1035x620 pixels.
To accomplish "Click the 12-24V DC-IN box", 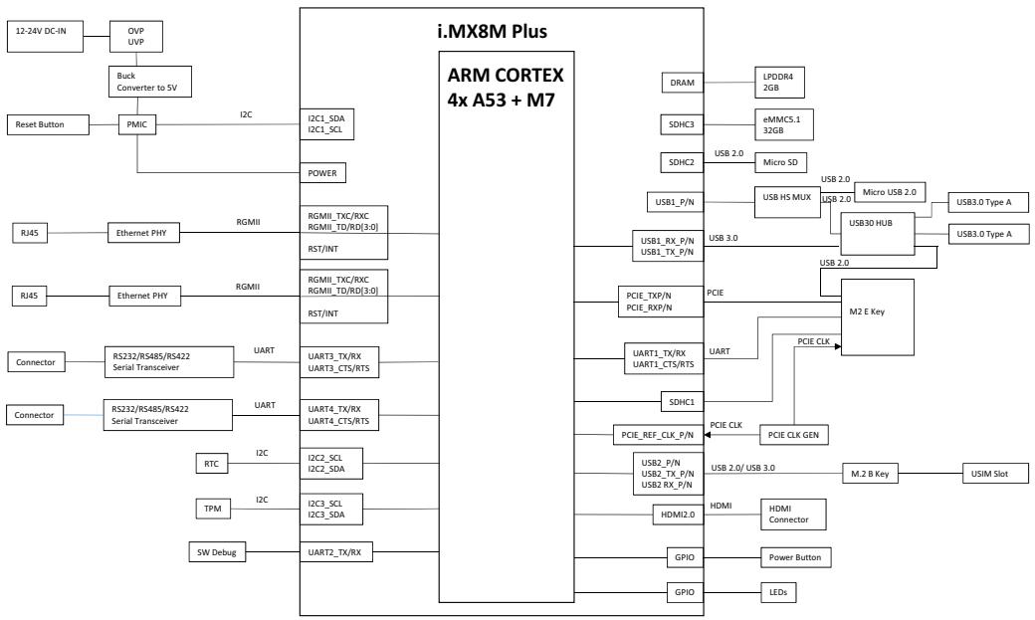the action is coord(46,36).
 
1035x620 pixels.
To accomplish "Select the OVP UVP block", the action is coord(136,36).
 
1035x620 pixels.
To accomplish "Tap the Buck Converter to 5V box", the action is coord(150,82).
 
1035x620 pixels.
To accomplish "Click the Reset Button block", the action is coord(48,124).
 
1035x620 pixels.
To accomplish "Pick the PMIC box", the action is coord(137,124).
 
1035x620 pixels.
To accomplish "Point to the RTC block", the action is coord(211,464).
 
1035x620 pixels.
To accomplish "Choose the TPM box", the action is coord(213,509).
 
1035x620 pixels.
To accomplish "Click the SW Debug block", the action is coord(217,552).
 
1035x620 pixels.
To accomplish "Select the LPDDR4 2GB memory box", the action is coord(779,83).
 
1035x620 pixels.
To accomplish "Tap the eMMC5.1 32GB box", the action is coord(784,124).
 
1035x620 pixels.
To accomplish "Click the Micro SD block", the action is coord(781,162).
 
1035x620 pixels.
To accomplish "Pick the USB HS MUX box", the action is coord(787,202).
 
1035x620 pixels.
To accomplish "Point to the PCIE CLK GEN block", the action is coord(794,435).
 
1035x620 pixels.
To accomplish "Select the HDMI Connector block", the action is coord(793,515).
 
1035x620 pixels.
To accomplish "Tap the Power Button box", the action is coord(795,557).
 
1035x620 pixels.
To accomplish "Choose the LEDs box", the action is coord(778,592).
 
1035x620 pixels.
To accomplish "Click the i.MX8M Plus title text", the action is coord(493,31).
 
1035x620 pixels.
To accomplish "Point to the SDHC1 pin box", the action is coord(682,401).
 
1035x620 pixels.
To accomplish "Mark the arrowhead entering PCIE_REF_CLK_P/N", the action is coord(708,435).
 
